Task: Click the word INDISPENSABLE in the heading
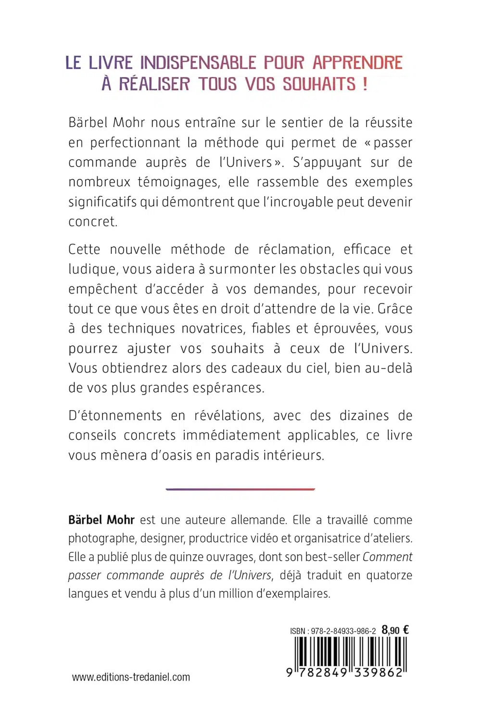click(198, 63)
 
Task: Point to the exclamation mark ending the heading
click(365, 84)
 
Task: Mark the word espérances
click(228, 388)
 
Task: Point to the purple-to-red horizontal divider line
click(240, 489)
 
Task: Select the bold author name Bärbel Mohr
click(101, 520)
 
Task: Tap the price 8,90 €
click(395, 630)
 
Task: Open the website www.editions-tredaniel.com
click(131, 677)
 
